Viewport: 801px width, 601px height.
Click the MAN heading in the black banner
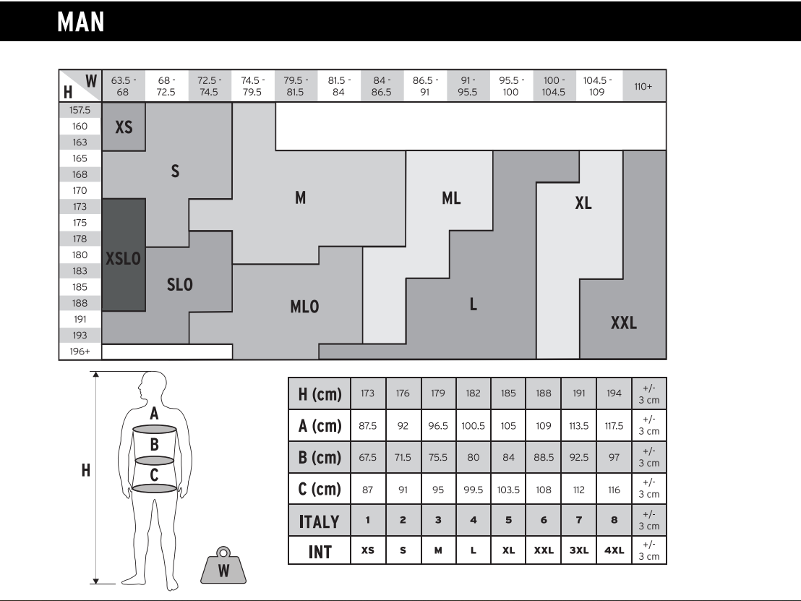82,22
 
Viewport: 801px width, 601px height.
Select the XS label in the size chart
124,127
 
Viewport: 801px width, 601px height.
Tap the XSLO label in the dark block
124,258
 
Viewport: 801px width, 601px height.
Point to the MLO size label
304,307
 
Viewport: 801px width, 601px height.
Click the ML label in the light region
451,199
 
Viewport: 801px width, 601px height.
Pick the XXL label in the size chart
624,323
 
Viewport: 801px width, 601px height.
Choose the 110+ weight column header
643,86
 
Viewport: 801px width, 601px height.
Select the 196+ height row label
80,351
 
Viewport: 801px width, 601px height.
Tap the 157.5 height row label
80,111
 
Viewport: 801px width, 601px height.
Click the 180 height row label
80,255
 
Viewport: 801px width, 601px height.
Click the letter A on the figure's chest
154,414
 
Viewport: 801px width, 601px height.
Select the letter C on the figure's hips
154,474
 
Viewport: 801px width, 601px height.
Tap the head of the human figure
154,385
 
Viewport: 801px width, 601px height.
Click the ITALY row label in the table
320,520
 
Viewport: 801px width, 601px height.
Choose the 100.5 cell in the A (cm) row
473,426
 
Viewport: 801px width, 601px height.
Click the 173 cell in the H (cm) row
367,394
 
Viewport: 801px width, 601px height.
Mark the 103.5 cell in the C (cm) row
508,490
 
